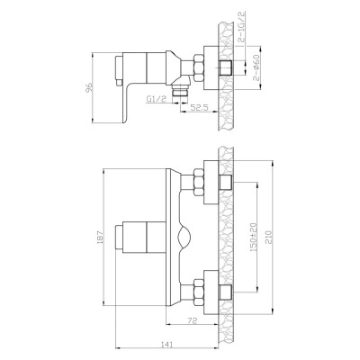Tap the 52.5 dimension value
click(x=200, y=108)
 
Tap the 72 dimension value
click(x=193, y=320)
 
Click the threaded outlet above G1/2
click(x=185, y=91)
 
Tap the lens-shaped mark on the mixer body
click(x=184, y=238)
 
